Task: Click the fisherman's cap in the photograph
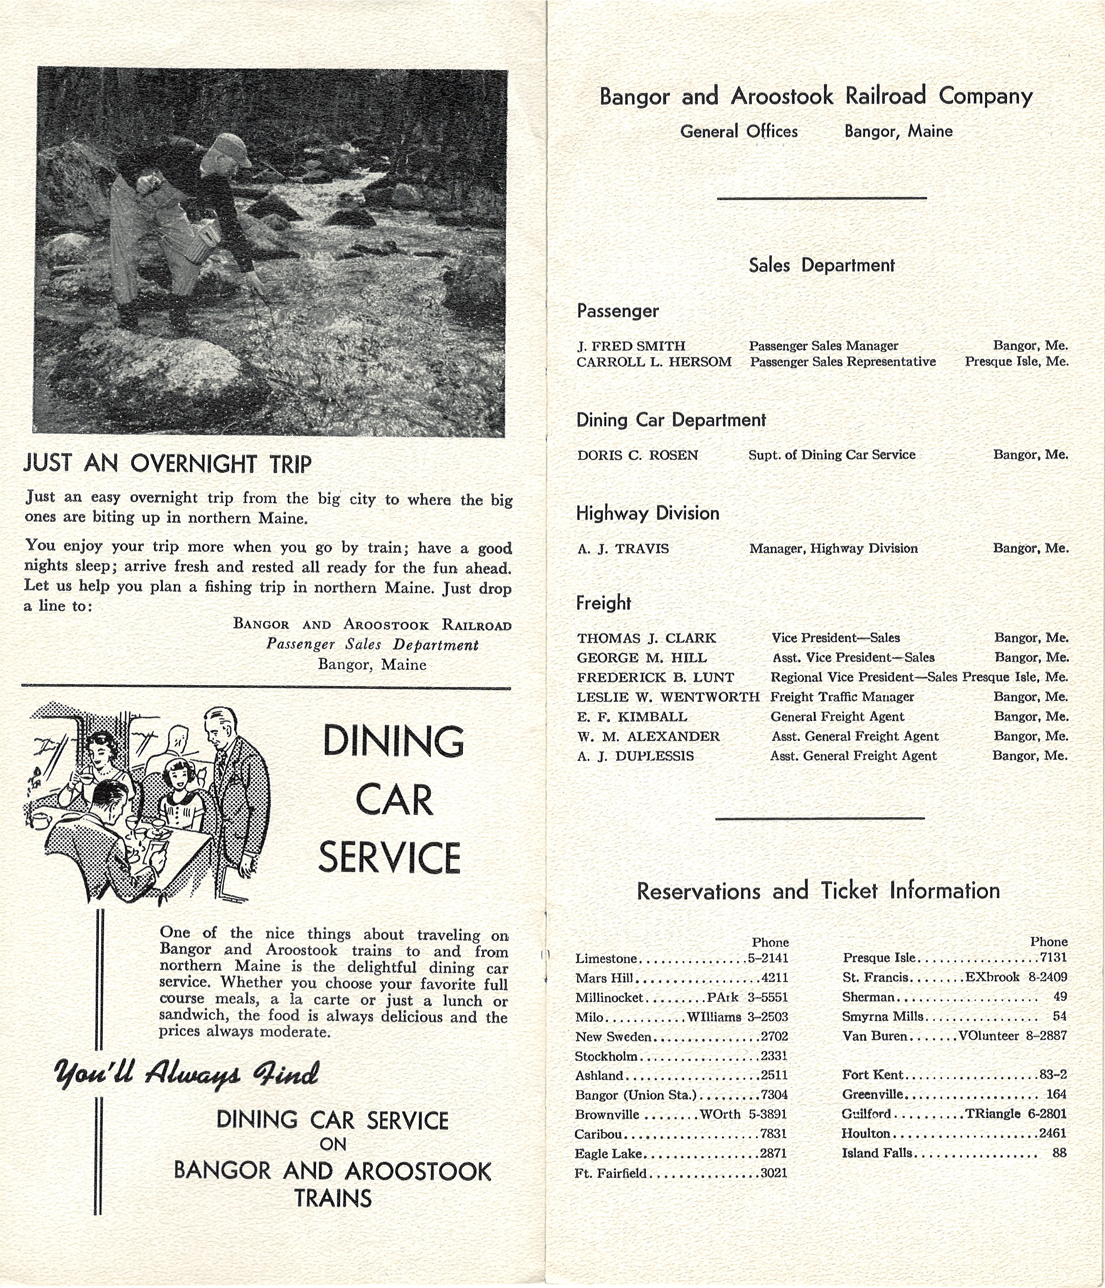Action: [229, 149]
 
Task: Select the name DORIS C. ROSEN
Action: [637, 455]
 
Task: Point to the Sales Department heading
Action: [821, 266]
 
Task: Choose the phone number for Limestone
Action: [768, 958]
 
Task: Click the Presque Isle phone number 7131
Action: [1053, 957]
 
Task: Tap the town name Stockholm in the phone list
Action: [606, 1056]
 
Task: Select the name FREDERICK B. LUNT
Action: [655, 677]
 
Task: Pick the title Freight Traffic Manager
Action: [842, 697]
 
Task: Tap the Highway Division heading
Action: [648, 513]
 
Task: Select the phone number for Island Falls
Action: [1059, 1153]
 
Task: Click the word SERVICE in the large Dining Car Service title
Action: [390, 858]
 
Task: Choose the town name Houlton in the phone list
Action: [866, 1133]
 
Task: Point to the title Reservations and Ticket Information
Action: [818, 891]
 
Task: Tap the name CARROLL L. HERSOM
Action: [654, 362]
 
